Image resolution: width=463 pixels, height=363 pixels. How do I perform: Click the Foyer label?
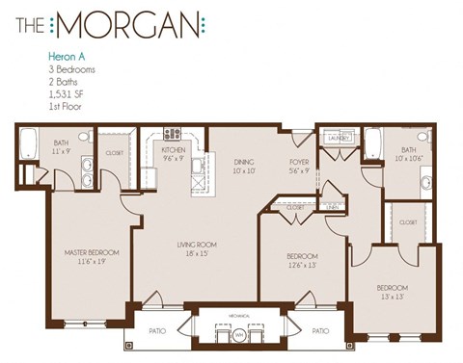[298, 163]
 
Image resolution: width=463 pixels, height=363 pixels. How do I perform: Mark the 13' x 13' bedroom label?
[393, 288]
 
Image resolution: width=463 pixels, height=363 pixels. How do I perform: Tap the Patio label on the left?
[158, 330]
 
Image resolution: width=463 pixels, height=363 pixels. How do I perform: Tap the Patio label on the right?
[321, 330]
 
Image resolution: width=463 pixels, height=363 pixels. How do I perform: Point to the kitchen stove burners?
[173, 134]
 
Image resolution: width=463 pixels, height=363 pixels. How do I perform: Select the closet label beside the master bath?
[113, 152]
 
